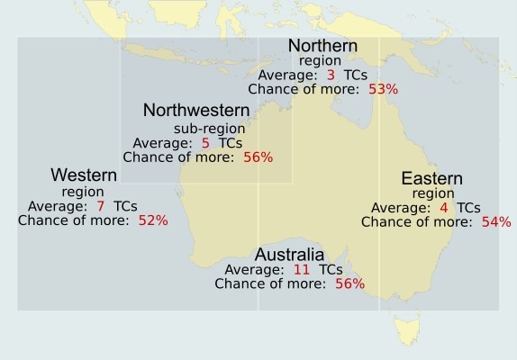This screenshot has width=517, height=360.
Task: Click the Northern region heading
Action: (x=322, y=46)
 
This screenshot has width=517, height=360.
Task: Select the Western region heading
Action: (x=83, y=175)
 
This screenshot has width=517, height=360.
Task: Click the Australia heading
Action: (x=289, y=254)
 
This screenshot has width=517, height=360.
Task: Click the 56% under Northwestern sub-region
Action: (x=257, y=157)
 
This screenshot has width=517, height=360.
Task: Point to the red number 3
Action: (x=331, y=75)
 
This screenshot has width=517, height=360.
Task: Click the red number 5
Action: (x=205, y=142)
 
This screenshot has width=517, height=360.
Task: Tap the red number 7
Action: (x=100, y=206)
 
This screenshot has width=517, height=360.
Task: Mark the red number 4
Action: (x=443, y=208)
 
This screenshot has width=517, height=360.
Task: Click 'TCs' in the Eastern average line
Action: (x=468, y=208)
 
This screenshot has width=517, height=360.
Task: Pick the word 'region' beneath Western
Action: (x=83, y=191)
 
